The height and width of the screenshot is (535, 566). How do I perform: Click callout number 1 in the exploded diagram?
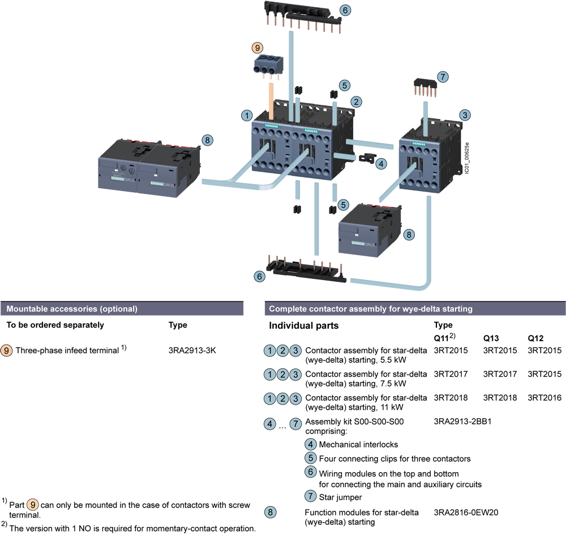coord(246,115)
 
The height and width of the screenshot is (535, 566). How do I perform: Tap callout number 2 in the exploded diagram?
coord(356,101)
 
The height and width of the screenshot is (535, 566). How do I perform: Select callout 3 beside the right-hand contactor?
coord(465,115)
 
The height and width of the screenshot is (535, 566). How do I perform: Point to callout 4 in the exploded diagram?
coord(382,164)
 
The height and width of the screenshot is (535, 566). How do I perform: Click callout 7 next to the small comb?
coord(443,77)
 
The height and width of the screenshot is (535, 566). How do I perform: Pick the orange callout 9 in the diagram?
coord(258,48)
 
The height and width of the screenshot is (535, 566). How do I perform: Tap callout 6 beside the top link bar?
coord(345,10)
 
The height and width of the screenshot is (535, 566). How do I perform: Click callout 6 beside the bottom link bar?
coord(259,277)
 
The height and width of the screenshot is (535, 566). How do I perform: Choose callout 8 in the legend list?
coord(271,512)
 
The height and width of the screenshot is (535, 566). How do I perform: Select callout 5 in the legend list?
coord(310,458)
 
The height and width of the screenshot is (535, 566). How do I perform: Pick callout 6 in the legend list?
coord(310,472)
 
